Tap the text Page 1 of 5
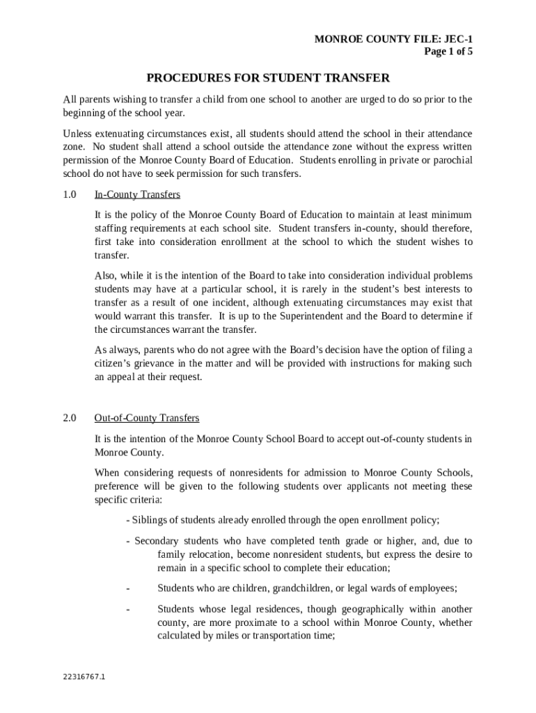pyautogui.click(x=448, y=52)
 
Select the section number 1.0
pyautogui.click(x=69, y=194)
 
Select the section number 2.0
pyautogui.click(x=69, y=418)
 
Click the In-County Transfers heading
pyautogui.click(x=137, y=194)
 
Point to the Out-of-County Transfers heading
pyautogui.click(x=147, y=418)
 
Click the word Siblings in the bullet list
pyautogui.click(x=152, y=520)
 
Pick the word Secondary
pyautogui.click(x=157, y=541)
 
